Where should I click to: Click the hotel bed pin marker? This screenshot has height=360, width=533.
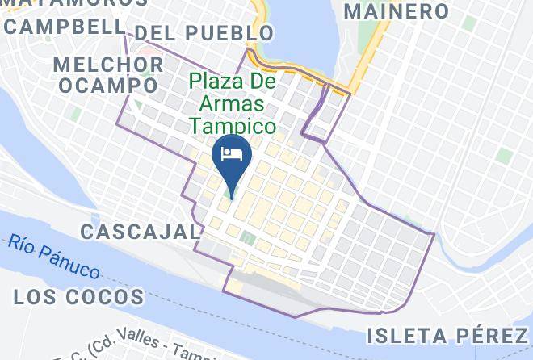232,158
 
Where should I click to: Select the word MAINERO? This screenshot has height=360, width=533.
396,11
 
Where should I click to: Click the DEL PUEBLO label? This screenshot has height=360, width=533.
204,33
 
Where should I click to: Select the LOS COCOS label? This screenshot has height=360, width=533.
79,296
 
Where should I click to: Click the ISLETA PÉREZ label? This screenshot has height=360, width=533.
447,334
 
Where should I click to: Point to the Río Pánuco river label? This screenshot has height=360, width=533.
55,255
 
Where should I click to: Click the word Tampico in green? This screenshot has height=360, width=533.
233,127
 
